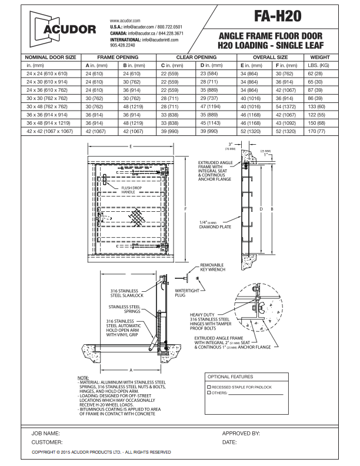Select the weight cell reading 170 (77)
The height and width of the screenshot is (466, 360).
(319, 131)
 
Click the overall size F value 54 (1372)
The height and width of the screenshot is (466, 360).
(289, 106)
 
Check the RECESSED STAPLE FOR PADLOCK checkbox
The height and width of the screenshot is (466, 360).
(209, 387)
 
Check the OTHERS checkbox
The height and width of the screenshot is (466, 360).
(209, 393)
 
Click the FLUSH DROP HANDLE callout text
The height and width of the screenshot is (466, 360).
(128, 190)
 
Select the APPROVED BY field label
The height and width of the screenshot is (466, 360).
(241, 433)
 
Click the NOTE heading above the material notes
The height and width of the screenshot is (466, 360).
(83, 377)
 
